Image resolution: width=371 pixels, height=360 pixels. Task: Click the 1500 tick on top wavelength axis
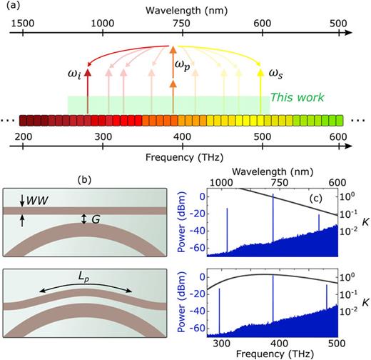click(x=24, y=22)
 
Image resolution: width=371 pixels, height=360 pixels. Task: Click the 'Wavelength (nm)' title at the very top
click(x=183, y=9)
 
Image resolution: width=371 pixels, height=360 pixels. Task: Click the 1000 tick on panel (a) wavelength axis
click(x=103, y=22)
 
